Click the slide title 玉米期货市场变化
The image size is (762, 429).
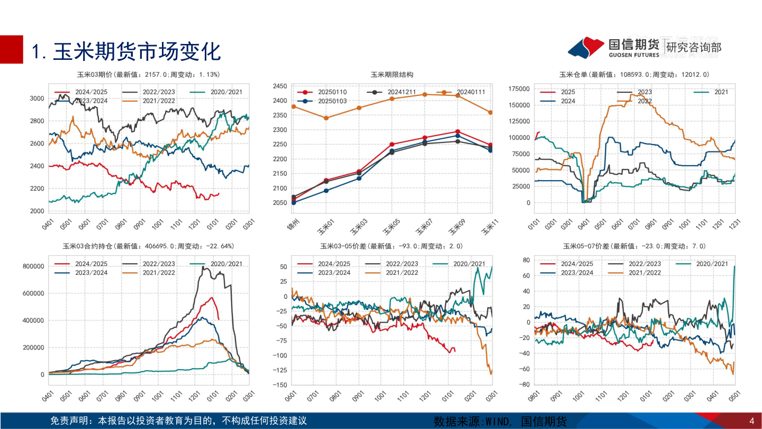coord(126,51)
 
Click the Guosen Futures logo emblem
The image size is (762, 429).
coord(586,47)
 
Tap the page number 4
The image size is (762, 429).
coord(752,421)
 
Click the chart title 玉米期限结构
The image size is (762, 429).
coord(392,75)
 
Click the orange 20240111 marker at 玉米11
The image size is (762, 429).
coord(490,112)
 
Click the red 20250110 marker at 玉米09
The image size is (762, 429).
coord(458,131)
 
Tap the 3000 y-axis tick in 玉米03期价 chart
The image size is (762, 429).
coord(37,99)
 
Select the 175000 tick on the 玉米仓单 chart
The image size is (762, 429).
coord(519,88)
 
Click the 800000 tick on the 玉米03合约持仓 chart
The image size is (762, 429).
coord(33,266)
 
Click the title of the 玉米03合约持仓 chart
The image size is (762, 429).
coord(148,246)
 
